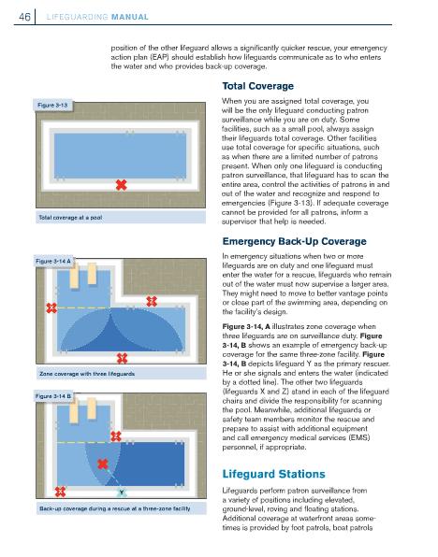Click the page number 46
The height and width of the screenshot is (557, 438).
(x=24, y=17)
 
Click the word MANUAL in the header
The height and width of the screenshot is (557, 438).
(x=130, y=17)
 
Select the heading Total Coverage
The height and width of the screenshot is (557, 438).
(x=258, y=86)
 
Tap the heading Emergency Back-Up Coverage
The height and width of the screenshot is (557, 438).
(x=294, y=241)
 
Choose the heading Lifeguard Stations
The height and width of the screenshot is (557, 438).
(x=273, y=474)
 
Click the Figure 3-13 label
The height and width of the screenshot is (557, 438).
(x=52, y=106)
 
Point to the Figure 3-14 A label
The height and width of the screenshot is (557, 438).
(x=53, y=261)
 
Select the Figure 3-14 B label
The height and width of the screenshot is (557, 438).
(x=53, y=396)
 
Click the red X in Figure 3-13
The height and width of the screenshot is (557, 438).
(x=122, y=185)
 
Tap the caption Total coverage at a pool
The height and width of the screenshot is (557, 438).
(x=70, y=218)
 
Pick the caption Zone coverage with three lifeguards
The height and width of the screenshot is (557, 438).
(x=87, y=374)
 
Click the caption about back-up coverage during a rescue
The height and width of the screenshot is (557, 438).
(x=114, y=508)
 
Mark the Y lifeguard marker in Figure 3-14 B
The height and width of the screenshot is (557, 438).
(x=122, y=493)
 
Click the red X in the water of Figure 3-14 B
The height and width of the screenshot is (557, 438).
(x=102, y=464)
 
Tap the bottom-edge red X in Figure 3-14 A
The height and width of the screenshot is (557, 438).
(x=122, y=358)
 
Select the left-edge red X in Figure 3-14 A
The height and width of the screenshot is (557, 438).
(x=51, y=307)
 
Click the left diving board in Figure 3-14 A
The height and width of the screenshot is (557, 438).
(x=74, y=276)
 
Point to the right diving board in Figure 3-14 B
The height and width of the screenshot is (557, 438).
(x=92, y=408)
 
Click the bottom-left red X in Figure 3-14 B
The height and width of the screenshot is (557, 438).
(x=60, y=492)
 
